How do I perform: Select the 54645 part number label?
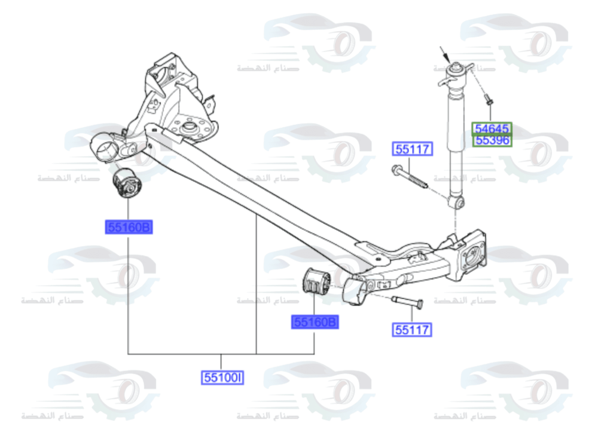(x=492, y=128)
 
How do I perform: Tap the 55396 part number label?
(x=492, y=141)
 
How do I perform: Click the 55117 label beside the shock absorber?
(x=411, y=149)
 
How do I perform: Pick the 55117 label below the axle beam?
(x=411, y=329)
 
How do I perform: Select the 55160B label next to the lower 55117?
(x=315, y=323)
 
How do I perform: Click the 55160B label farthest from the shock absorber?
(x=129, y=227)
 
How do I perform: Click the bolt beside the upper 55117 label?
(x=410, y=177)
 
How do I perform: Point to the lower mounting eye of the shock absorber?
(x=457, y=202)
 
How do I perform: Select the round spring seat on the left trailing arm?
(x=190, y=127)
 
